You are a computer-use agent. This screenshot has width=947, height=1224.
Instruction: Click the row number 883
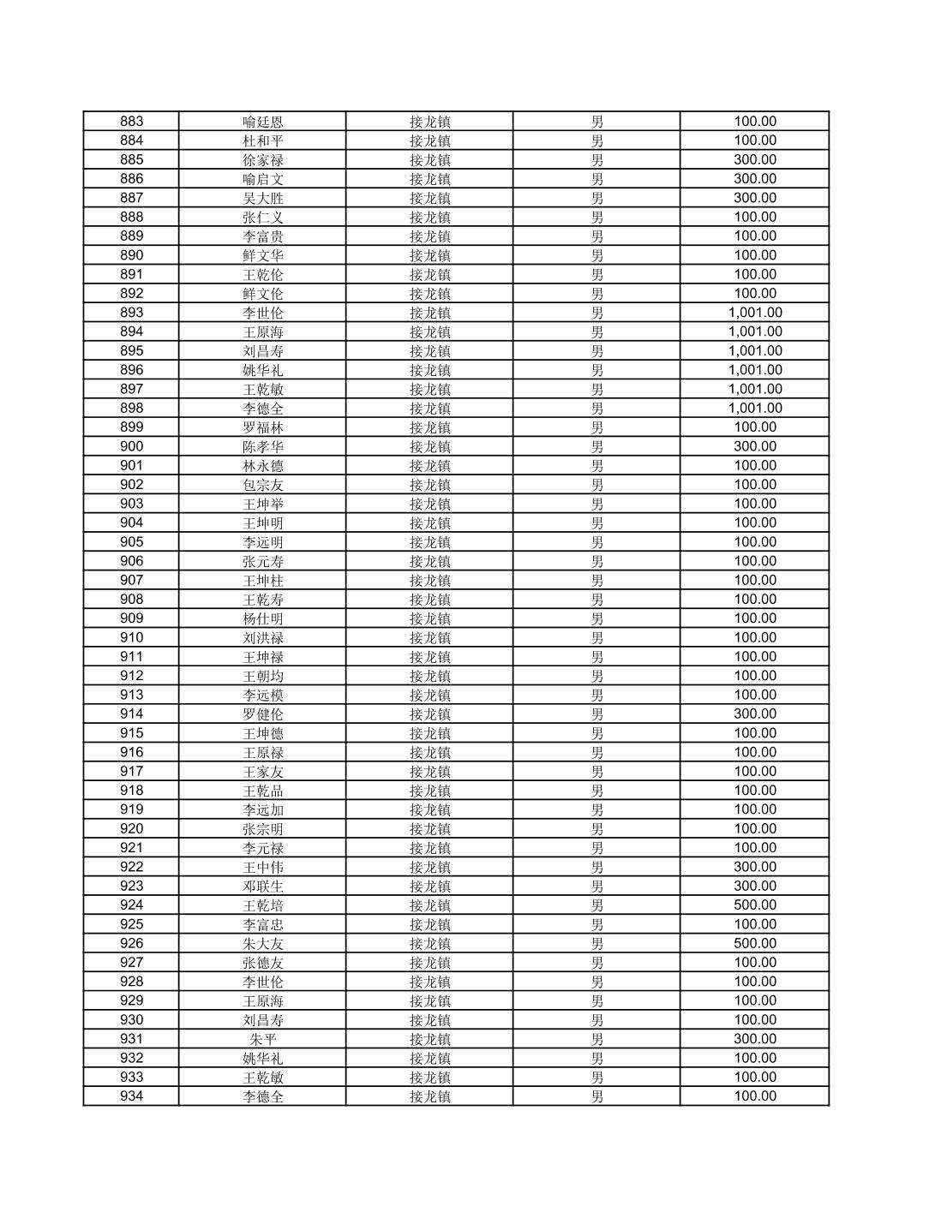point(131,122)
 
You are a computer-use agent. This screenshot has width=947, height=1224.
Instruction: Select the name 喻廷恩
point(262,122)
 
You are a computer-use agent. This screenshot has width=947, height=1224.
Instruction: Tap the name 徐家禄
point(262,160)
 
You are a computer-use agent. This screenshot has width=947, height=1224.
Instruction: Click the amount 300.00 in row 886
point(754,179)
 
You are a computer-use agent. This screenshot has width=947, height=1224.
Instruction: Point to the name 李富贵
point(262,236)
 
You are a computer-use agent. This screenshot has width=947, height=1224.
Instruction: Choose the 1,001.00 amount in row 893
point(754,313)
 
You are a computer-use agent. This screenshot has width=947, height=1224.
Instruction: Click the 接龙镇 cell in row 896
point(429,370)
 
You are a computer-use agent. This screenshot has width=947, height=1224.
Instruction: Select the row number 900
point(131,446)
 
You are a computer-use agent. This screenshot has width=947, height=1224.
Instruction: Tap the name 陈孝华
point(262,446)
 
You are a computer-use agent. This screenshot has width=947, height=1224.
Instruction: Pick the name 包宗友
point(262,485)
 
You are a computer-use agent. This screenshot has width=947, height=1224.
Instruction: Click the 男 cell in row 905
point(596,542)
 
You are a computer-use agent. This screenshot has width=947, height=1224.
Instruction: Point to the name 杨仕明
point(262,618)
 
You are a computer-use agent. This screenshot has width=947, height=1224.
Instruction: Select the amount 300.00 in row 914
point(754,714)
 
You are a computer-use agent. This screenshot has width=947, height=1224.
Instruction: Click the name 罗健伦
point(262,714)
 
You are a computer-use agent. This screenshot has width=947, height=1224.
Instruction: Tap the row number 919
point(131,809)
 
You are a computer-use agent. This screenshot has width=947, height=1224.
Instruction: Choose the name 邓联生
point(262,887)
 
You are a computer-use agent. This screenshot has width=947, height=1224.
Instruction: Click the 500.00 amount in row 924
point(754,905)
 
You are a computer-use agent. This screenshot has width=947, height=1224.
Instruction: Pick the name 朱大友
point(262,944)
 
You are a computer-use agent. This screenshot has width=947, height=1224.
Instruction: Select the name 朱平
point(262,1039)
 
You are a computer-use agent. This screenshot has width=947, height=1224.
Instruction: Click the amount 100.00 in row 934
point(754,1096)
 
